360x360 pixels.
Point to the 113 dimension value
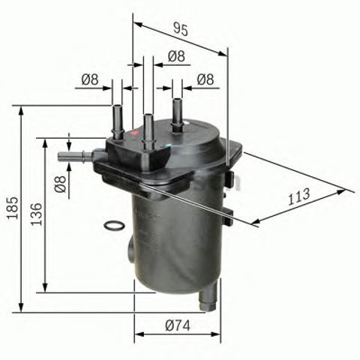(299, 198)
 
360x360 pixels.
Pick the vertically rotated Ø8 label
(61, 182)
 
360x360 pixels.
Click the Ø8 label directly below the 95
(176, 55)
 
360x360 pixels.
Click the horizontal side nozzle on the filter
(73, 157)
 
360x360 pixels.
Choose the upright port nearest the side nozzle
(117, 120)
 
